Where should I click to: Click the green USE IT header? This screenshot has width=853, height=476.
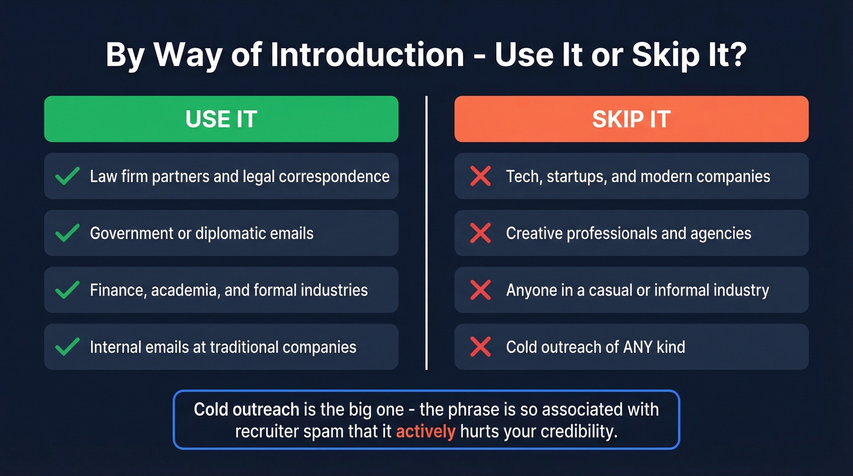221,119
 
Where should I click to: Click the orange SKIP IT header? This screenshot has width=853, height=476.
631,119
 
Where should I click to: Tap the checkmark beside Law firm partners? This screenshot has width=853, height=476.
67,176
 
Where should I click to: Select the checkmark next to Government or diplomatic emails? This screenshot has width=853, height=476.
67,233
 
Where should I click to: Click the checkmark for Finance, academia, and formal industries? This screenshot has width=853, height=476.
67,290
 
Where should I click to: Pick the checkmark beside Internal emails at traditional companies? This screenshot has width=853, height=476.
67,347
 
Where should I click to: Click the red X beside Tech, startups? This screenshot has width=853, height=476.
481,176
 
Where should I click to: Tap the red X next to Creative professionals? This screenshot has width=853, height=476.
481,233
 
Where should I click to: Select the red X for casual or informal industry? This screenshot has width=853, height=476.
481,290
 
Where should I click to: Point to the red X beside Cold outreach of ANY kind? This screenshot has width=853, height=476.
481,347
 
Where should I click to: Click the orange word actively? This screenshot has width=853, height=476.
425,432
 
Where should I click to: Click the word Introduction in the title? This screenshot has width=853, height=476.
367,55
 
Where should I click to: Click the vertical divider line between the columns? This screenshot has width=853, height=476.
426,232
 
